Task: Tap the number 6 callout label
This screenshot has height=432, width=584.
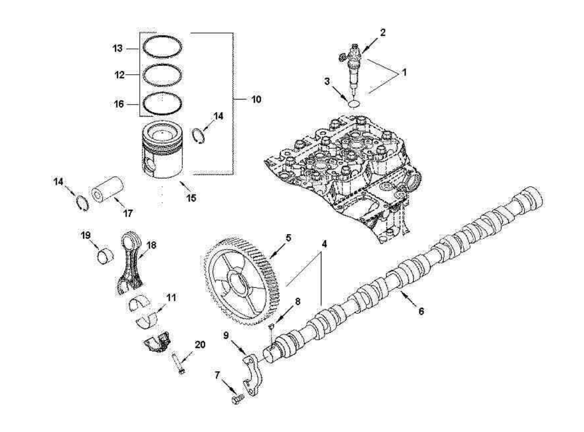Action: (x=421, y=311)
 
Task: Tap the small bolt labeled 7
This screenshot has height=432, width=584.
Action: (x=235, y=399)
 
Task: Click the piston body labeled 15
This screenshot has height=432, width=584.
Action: (x=163, y=152)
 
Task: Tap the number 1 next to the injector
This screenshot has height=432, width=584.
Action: (x=404, y=73)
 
